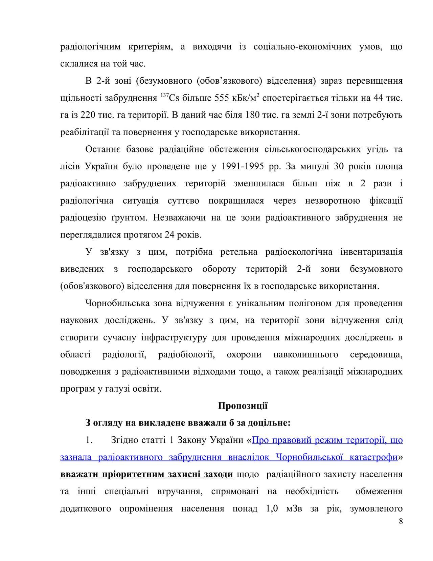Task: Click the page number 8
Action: pyautogui.click(x=401, y=521)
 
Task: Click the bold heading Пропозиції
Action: pyautogui.click(x=243, y=406)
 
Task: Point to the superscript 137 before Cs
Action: pyautogui.click(x=164, y=96)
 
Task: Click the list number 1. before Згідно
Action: pyautogui.click(x=89, y=440)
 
